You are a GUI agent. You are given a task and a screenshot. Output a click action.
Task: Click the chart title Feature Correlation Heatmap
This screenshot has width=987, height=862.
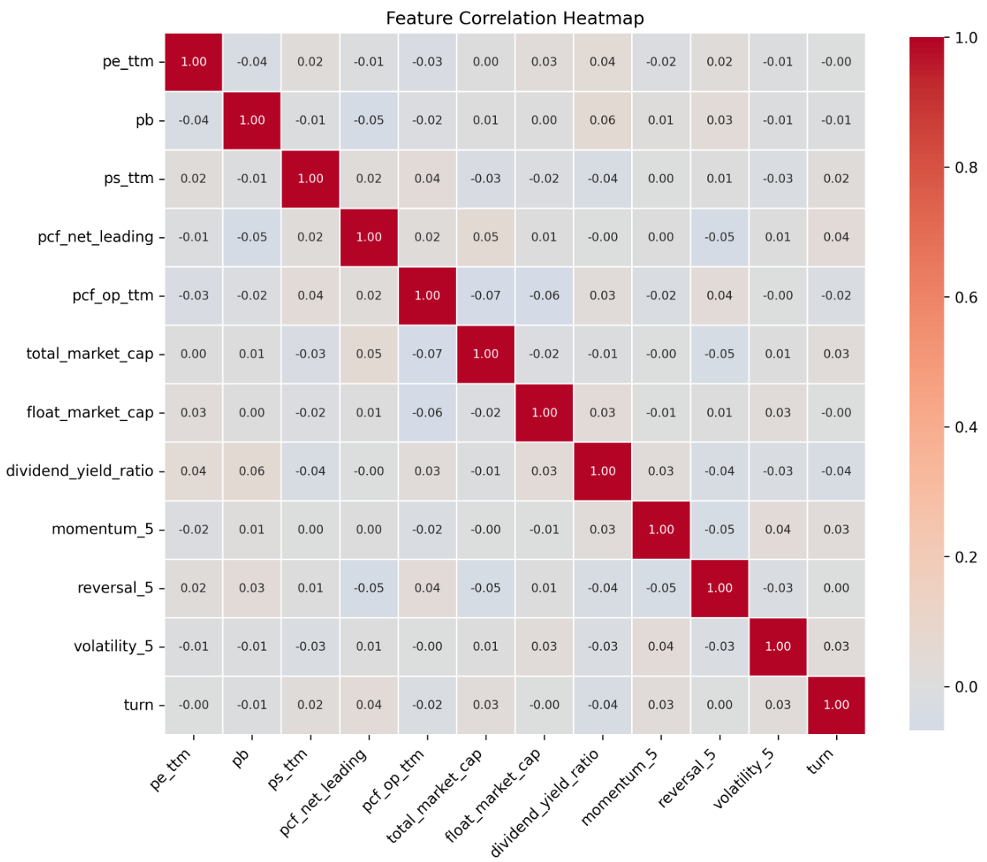click(515, 18)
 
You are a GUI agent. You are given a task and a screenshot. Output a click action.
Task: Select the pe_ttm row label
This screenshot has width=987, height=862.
click(128, 61)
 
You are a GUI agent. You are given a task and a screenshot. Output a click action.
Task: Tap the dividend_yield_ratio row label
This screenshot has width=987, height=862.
click(79, 471)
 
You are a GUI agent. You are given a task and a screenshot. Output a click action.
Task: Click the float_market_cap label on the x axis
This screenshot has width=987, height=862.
click(493, 794)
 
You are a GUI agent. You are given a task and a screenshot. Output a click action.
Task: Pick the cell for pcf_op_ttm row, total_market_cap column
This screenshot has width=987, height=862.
click(486, 295)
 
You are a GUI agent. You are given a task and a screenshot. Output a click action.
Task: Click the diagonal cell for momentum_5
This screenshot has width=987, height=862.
click(661, 530)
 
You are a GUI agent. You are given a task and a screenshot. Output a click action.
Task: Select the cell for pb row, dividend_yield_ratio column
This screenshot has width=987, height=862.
click(603, 120)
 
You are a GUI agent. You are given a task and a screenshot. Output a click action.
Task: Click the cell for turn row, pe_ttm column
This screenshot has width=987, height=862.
click(193, 705)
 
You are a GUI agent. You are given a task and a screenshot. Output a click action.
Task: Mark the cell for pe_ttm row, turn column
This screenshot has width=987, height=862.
click(836, 61)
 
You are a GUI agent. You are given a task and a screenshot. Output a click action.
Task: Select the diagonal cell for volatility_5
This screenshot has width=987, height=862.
click(778, 646)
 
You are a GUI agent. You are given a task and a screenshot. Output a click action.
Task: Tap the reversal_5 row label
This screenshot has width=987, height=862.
click(116, 588)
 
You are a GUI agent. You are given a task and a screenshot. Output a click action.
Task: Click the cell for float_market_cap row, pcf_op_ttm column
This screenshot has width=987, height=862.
click(427, 413)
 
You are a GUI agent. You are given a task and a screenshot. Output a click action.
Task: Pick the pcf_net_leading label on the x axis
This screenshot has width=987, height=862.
click(323, 792)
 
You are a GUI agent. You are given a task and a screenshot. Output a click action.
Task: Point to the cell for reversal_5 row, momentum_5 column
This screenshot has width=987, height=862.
click(661, 588)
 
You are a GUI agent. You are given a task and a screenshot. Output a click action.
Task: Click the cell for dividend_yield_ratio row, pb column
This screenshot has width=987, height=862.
click(252, 471)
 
